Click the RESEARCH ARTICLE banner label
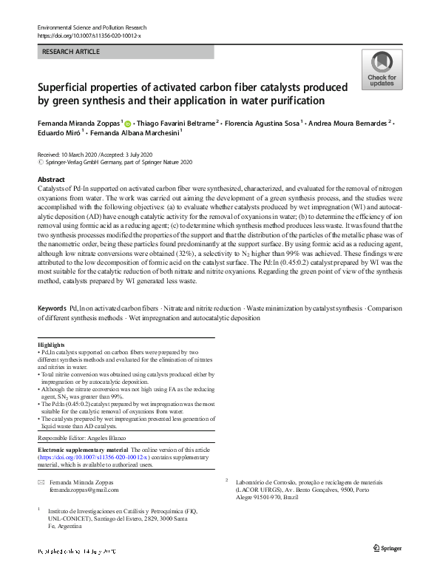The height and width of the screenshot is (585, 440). click(x=70, y=53)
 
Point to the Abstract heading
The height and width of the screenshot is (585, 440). click(x=51, y=180)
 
